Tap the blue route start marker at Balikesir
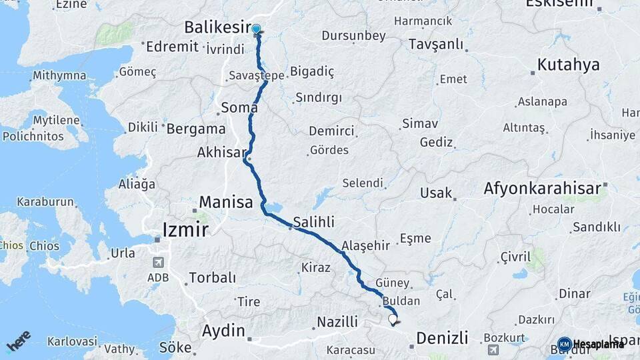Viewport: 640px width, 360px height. (256, 29)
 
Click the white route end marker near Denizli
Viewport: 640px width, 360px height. (393, 319)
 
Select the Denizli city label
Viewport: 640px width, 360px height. (442, 337)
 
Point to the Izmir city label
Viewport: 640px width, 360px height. (185, 231)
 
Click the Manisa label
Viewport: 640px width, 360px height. (227, 201)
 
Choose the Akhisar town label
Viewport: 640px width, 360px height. (221, 153)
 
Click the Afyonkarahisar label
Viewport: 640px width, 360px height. (543, 189)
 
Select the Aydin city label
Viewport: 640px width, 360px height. (223, 330)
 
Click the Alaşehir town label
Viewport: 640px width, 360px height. (365, 245)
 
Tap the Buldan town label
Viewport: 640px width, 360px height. (402, 301)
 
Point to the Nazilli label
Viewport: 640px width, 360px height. (337, 322)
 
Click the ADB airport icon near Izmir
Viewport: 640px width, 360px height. (158, 263)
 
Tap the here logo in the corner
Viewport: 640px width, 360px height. (19, 341)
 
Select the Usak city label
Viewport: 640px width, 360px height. (436, 193)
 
